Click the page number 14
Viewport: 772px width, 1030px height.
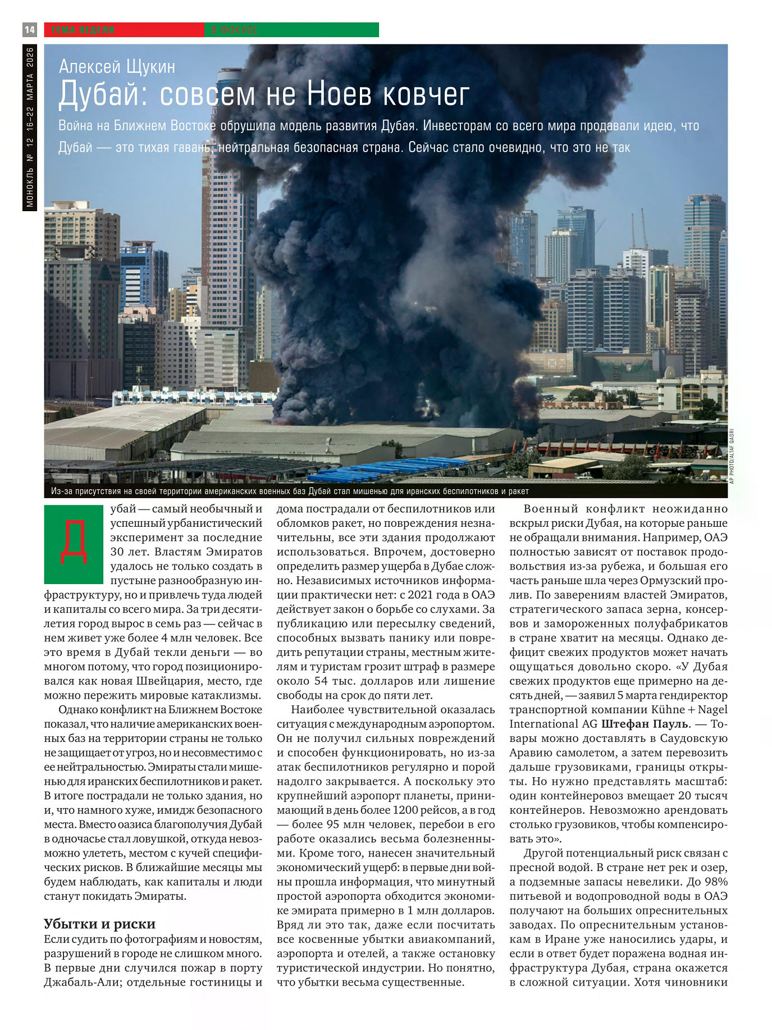pos(30,30)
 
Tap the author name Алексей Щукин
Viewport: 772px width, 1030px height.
pos(117,67)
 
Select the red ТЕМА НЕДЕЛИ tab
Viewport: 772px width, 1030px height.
pos(124,30)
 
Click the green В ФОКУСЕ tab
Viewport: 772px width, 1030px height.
pos(291,30)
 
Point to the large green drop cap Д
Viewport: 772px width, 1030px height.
pos(74,543)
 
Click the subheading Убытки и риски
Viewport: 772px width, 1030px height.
pos(99,924)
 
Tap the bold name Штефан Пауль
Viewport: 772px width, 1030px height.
pos(645,724)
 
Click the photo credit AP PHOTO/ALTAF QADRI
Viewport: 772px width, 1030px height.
pos(732,456)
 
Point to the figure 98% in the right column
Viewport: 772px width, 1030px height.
pos(716,882)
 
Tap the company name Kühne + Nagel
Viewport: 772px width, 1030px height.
pos(689,709)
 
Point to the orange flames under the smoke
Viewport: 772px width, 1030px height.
pos(281,420)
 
